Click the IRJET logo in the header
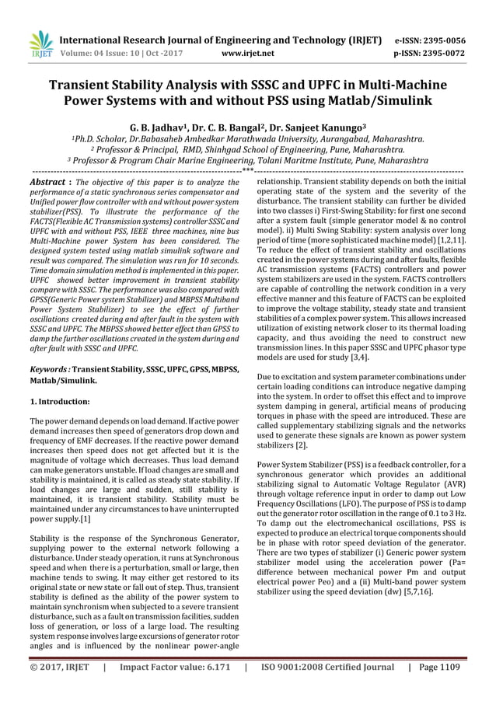coord(40,44)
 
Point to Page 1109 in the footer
coord(438,666)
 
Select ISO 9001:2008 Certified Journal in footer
coord(326,666)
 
